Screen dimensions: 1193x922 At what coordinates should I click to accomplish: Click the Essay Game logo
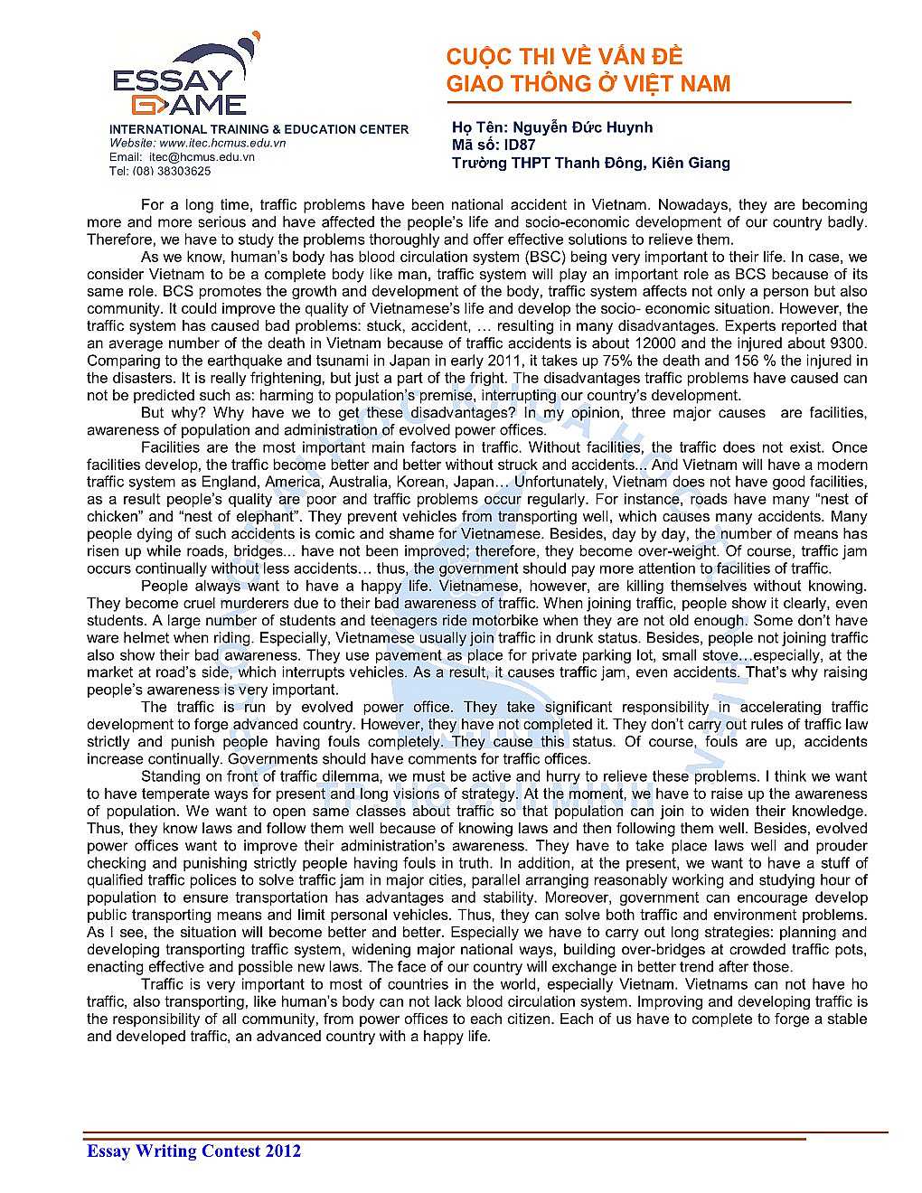tap(181, 79)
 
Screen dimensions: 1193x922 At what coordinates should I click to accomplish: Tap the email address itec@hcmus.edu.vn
tap(202, 156)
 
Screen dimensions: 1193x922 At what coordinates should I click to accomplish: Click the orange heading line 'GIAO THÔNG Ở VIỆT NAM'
tap(588, 84)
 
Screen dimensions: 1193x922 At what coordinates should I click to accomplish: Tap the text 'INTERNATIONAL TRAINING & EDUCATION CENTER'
tap(259, 129)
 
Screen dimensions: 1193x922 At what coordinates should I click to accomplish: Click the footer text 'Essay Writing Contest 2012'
tap(193, 1151)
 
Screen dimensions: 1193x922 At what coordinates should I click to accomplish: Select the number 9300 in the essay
tap(848, 343)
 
